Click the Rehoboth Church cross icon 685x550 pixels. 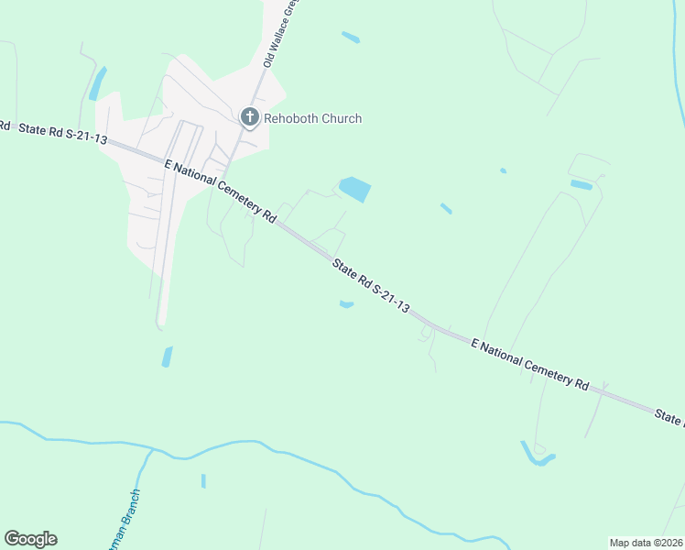tap(249, 117)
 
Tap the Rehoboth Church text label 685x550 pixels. tap(312, 118)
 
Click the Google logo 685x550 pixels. tap(30, 539)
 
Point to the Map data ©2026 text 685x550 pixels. tap(646, 543)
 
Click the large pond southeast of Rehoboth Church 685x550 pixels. tap(355, 190)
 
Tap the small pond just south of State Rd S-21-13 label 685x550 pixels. tap(346, 304)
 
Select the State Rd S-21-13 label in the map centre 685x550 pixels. tap(370, 286)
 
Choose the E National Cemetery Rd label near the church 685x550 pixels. tap(220, 191)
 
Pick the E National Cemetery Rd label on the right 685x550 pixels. tap(529, 364)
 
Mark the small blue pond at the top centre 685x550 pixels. tap(351, 38)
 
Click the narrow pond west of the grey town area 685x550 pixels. tap(97, 83)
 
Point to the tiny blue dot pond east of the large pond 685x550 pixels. tap(503, 170)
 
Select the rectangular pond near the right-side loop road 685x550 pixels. tap(581, 184)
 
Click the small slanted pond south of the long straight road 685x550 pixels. tap(167, 357)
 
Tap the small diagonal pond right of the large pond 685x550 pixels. tap(446, 209)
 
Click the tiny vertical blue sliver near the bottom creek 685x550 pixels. tap(203, 481)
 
